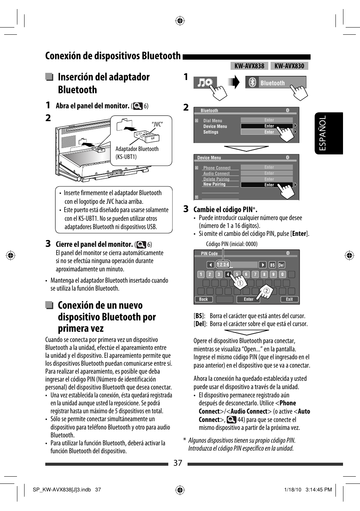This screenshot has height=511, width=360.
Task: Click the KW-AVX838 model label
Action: [x=249, y=66]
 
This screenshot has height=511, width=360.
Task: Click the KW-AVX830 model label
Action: [x=289, y=66]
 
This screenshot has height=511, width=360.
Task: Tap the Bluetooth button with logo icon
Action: [x=275, y=83]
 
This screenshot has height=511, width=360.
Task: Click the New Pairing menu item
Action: [x=214, y=185]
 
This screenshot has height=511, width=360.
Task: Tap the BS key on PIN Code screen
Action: [x=272, y=265]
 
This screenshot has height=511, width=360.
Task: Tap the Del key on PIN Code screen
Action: [x=281, y=265]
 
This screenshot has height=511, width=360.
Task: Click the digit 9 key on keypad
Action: [x=273, y=274]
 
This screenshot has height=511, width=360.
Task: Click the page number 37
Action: [x=178, y=463]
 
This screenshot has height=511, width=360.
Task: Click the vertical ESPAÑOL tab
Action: [x=323, y=133]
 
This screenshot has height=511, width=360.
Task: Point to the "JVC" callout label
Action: [x=157, y=124]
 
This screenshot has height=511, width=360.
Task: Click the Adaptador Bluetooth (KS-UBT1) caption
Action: [x=137, y=153]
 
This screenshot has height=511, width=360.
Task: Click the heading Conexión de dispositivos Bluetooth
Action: [x=113, y=56]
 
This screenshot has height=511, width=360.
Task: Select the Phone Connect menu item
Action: [x=217, y=168]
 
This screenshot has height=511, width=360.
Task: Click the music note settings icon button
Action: [x=205, y=83]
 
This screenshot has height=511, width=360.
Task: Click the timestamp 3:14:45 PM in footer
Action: [x=318, y=489]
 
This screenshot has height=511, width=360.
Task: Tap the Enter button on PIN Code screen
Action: [x=248, y=299]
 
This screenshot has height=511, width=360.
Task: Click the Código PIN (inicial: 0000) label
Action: [x=231, y=244]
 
